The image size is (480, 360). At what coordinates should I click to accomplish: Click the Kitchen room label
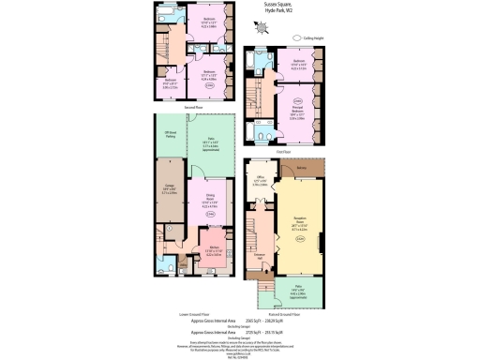(x=213, y=249)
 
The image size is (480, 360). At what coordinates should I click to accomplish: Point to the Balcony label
(x=302, y=169)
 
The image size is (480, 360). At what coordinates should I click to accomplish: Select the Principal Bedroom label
(x=298, y=113)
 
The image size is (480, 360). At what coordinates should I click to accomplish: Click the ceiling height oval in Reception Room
(x=300, y=237)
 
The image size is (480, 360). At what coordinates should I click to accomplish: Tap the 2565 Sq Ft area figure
(x=252, y=321)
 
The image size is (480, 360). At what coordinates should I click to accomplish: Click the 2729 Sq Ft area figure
(x=252, y=332)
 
